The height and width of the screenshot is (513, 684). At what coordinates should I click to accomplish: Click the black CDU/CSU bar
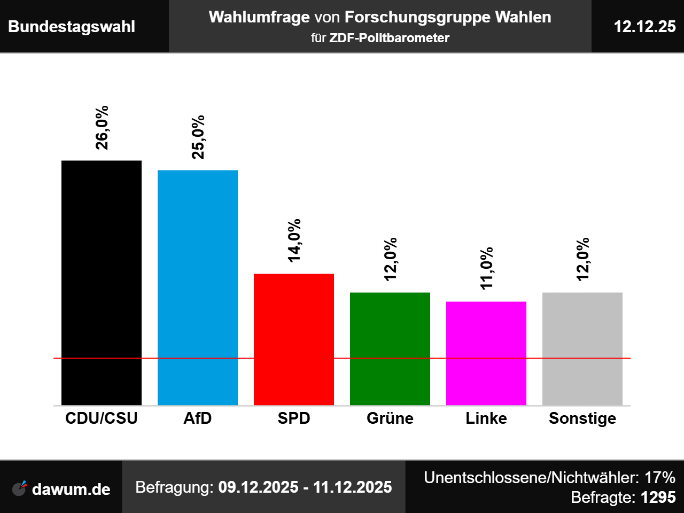(102, 283)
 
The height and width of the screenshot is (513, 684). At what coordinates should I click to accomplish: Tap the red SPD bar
(294, 339)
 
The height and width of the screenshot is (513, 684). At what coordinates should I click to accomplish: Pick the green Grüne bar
(390, 348)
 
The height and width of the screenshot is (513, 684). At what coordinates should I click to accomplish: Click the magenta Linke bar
(486, 353)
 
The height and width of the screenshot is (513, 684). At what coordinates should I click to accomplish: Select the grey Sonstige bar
(582, 348)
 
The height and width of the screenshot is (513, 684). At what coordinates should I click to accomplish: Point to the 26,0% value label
(102, 127)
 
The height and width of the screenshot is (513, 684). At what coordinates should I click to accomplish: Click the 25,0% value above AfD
(198, 137)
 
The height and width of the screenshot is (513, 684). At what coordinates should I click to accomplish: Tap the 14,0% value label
(294, 240)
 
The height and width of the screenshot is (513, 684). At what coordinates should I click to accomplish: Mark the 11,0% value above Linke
(486, 268)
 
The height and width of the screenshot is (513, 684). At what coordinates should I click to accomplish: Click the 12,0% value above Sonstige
(582, 259)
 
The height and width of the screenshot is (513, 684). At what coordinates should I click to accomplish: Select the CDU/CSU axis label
(102, 418)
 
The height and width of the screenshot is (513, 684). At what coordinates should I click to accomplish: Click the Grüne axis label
(390, 418)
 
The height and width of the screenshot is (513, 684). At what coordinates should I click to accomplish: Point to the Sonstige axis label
(582, 418)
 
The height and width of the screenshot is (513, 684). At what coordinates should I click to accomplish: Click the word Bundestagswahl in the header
(72, 27)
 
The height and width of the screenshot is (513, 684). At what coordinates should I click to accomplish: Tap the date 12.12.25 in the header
(644, 27)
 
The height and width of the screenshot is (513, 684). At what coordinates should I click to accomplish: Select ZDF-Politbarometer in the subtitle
(389, 38)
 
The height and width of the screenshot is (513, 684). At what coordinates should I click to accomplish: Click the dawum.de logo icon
(20, 488)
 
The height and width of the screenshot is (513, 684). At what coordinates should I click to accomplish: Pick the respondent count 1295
(658, 498)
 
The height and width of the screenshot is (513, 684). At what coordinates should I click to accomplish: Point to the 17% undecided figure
(660, 477)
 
